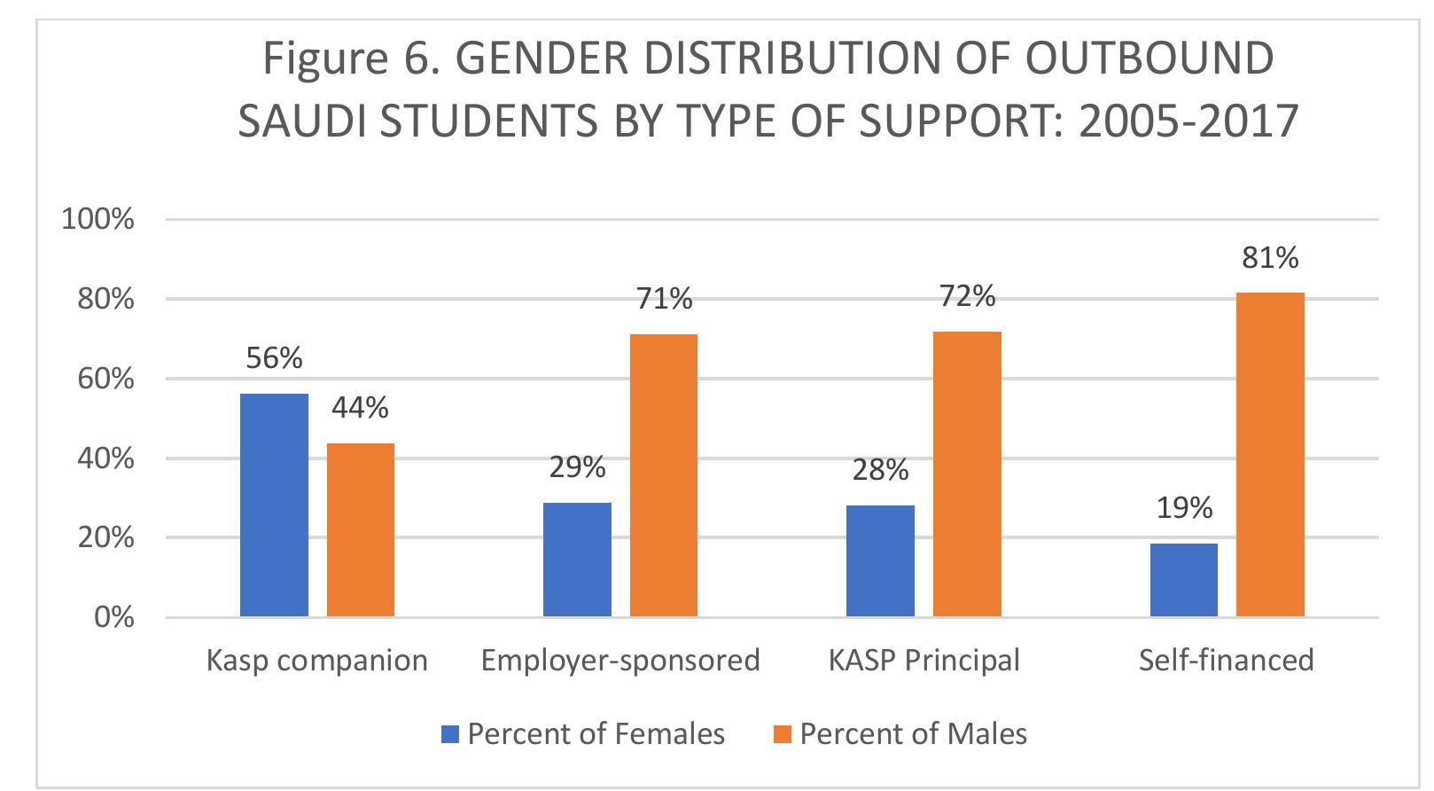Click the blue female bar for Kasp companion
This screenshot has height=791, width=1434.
274,505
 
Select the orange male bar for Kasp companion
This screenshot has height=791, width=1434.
361,529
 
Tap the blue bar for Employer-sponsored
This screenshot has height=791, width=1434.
577,560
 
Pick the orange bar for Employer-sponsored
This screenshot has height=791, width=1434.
664,475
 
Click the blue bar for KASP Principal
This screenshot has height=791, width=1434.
880,560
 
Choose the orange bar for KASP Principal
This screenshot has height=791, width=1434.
967,474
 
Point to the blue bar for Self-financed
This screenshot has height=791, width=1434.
1184,580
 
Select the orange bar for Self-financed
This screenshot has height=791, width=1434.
1270,454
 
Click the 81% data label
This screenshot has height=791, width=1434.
1270,258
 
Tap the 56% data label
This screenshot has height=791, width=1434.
274,358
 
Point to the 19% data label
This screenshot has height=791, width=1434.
1184,508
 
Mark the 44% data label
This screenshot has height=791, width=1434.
360,408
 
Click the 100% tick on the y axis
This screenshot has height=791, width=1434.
97,219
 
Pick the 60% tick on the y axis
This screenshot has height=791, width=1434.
105,379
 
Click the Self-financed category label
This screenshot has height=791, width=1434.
1226,661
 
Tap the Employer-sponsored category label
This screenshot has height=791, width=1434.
620,661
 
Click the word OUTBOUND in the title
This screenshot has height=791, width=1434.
1150,59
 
